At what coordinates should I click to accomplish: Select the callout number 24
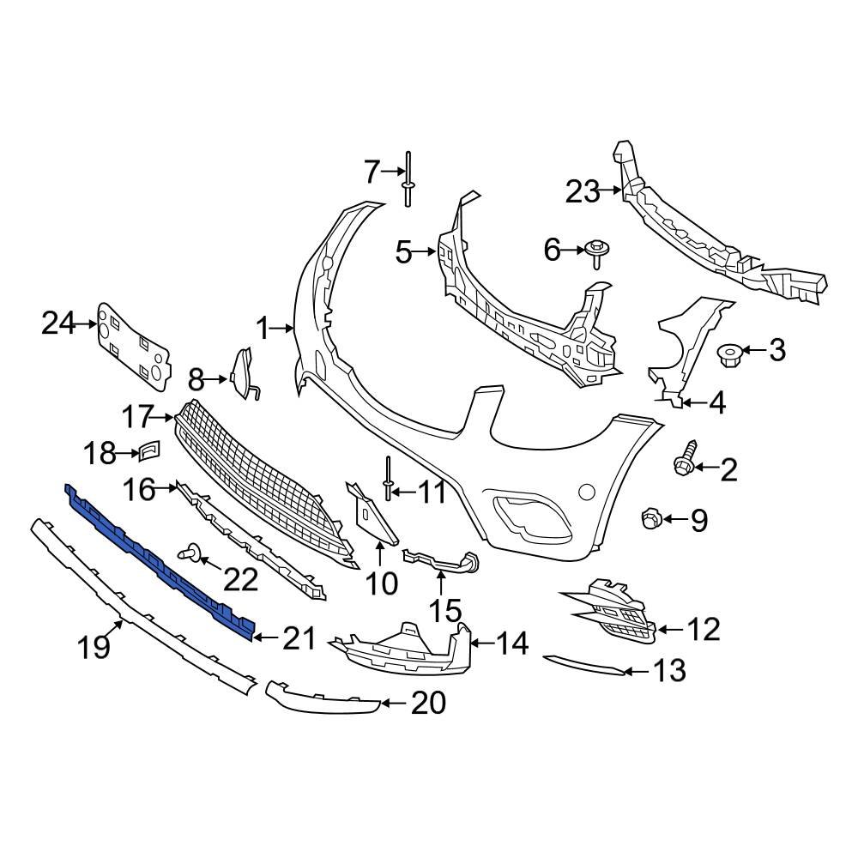[x=58, y=323]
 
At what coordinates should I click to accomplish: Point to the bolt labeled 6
[x=595, y=251]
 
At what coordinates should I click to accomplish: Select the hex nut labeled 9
[x=650, y=518]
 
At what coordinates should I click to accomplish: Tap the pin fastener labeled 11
[x=390, y=480]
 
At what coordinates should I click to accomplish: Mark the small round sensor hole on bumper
[x=586, y=492]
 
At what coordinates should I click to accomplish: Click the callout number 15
[x=444, y=611]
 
